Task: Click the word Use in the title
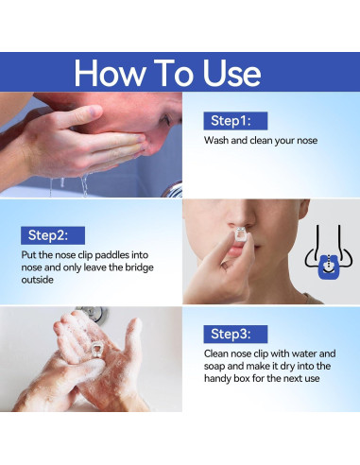231,73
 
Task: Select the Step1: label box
235,121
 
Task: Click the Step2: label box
53,235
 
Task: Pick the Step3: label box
235,334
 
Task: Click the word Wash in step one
216,140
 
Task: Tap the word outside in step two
37,280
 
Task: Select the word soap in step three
214,366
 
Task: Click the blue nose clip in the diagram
329,267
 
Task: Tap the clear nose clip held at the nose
241,234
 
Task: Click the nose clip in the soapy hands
97,350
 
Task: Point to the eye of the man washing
165,119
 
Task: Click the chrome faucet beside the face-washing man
173,189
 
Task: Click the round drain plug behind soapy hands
94,314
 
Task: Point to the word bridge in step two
139,267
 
